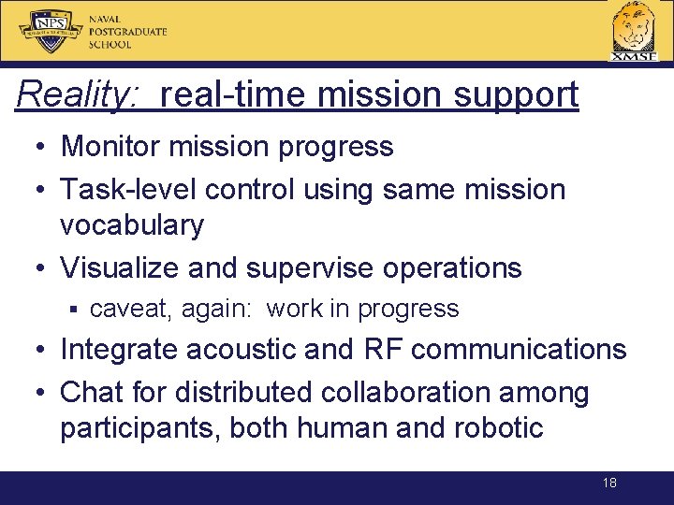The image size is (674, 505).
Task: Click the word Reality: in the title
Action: [x=79, y=94]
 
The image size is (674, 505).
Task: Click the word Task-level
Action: [x=128, y=189]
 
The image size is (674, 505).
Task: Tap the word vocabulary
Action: [x=131, y=225]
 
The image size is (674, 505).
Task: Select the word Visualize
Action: [x=120, y=267]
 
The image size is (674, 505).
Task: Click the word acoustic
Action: [x=241, y=350]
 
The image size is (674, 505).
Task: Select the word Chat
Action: [x=91, y=392]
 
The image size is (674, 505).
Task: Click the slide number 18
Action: [x=609, y=483]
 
